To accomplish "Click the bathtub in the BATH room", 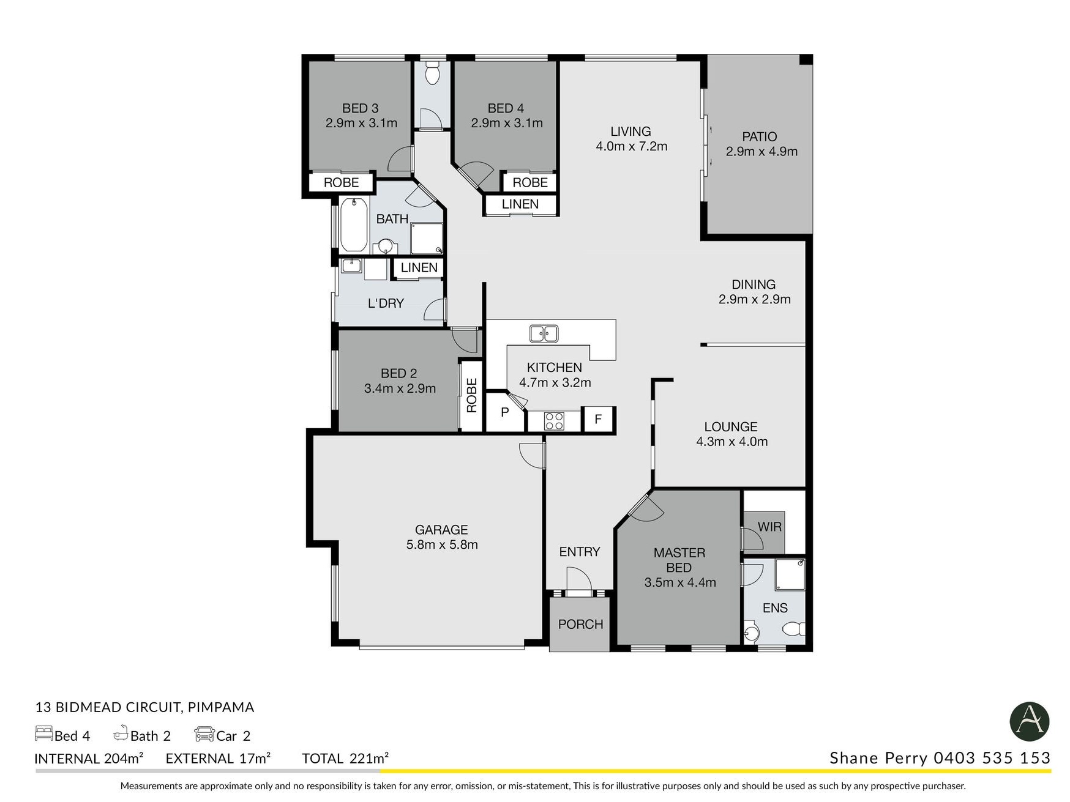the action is tap(353, 225).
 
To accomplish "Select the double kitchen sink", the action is tap(544, 333).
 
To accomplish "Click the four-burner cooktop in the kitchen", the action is tap(554, 421).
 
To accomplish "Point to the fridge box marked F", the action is tap(598, 419).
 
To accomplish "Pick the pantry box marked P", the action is tap(505, 412).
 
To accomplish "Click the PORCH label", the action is tap(580, 624).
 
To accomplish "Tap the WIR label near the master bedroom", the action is tap(769, 527).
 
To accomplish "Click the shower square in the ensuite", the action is tap(790, 574).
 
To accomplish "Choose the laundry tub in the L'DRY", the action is tap(351, 265).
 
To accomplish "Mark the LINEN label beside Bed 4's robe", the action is tap(520, 204).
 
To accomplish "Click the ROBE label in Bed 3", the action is tap(341, 182).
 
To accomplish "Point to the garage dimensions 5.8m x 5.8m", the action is tap(442, 544).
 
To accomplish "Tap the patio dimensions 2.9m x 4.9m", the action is tap(761, 152).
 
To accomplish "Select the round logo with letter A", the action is tap(1030, 722).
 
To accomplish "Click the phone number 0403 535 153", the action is tap(992, 758).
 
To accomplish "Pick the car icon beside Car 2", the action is tap(204, 733).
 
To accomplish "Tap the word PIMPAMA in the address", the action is tap(221, 707).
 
